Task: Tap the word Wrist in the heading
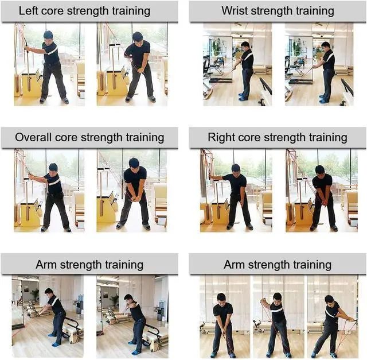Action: coord(235,11)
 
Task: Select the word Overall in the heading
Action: coord(33,137)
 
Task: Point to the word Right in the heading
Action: coord(221,138)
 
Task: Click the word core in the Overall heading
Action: coord(66,138)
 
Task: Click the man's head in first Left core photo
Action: coord(48,35)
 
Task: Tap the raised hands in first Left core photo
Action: coord(27,48)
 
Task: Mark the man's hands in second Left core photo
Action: coord(141,70)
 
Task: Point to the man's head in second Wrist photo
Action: coord(325,46)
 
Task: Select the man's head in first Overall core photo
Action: coord(53,168)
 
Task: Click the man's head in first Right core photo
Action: coord(236,169)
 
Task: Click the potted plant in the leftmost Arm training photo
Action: coord(36,295)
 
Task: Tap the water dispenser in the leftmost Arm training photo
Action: coord(79,304)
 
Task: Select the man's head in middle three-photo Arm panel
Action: coord(277,297)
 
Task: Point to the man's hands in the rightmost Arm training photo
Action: coord(352,319)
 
